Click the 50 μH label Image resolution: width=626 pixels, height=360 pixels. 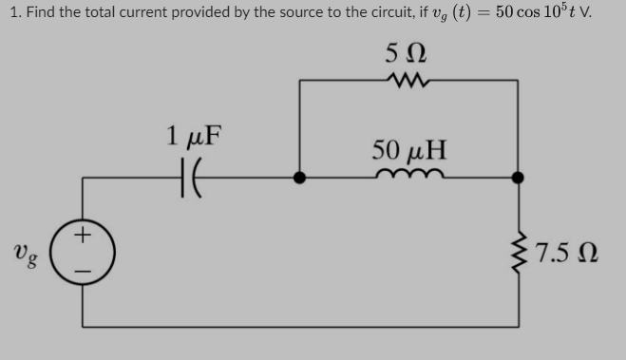409,150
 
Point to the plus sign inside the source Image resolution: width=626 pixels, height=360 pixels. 84,234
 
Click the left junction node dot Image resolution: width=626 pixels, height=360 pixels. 299,178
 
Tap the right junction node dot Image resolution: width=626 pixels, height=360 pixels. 519,178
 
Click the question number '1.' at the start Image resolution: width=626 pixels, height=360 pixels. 10,13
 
